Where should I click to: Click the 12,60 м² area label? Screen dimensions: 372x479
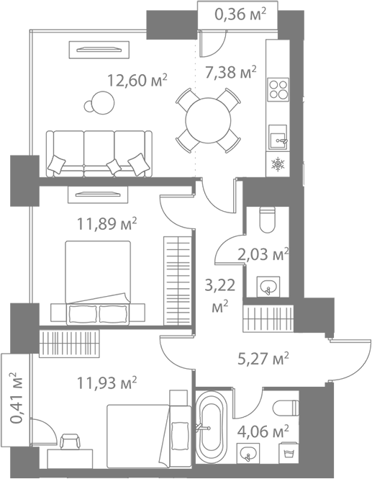tap(137, 81)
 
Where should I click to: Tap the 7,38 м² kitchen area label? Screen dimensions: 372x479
tap(231, 72)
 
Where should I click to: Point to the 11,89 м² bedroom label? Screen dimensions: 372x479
tap(106, 224)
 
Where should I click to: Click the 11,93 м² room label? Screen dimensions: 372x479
tap(106, 382)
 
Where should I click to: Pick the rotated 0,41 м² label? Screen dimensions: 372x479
tap(16, 398)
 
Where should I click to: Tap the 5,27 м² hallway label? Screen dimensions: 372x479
tap(263, 359)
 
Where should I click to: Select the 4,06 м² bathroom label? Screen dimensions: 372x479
tap(263, 431)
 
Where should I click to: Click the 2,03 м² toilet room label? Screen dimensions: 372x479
tap(263, 254)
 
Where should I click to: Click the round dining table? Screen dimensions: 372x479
tap(208, 120)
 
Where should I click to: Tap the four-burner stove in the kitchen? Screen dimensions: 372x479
tap(278, 89)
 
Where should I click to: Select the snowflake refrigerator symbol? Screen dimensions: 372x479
tap(278, 165)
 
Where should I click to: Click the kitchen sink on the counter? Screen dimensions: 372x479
tap(278, 138)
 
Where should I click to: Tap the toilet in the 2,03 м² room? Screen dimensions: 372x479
tap(268, 220)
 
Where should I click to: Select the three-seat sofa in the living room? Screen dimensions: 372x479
tap(99, 153)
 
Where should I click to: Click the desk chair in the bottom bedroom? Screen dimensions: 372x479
tap(70, 441)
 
